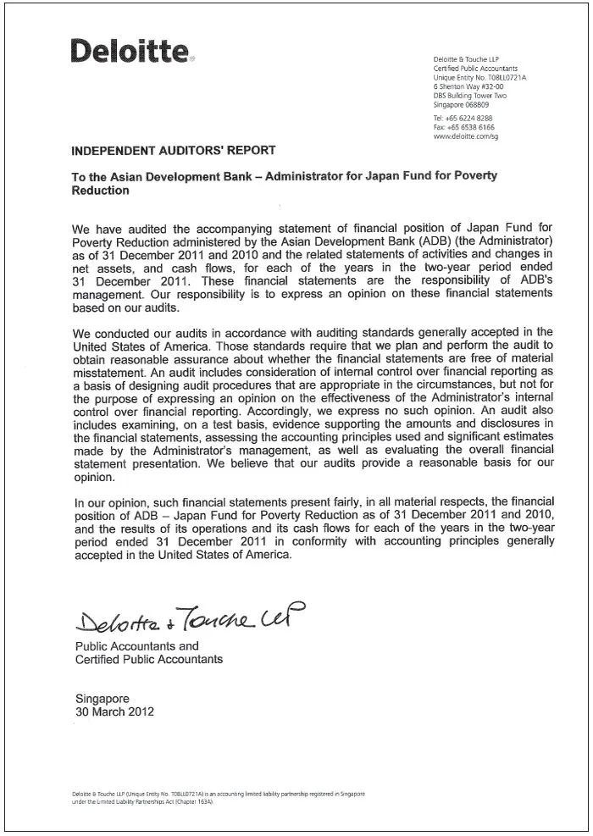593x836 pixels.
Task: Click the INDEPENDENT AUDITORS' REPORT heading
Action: tap(174, 151)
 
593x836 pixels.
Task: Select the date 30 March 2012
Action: tap(115, 712)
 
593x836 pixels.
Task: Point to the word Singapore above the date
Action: tap(103, 700)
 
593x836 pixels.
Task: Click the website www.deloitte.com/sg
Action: tap(465, 136)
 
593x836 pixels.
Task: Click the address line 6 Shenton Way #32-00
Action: tap(468, 86)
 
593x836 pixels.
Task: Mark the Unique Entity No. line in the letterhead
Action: tap(479, 77)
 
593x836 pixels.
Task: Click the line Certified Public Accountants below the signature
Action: tap(149, 659)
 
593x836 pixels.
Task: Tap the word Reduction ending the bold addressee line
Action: tap(101, 191)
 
